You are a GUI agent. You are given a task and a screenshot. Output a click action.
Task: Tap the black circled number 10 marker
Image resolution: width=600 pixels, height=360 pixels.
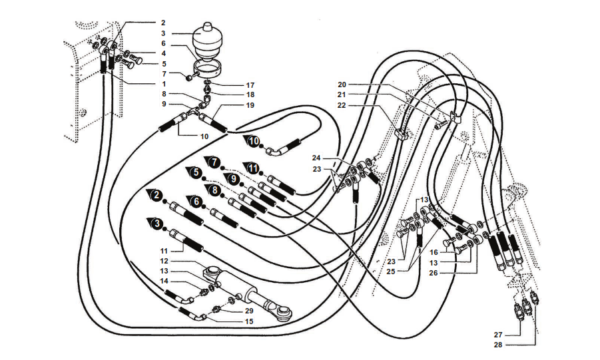254,142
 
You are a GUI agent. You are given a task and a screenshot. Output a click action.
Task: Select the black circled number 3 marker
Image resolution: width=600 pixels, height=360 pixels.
156,224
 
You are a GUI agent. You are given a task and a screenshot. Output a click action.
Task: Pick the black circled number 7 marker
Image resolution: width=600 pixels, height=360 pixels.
213,162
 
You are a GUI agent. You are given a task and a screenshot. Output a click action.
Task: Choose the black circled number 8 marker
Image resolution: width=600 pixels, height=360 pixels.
214,190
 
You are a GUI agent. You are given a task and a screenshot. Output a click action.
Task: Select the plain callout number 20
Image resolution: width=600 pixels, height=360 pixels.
342,85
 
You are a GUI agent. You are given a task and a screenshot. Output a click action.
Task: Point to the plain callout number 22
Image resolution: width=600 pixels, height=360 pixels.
342,106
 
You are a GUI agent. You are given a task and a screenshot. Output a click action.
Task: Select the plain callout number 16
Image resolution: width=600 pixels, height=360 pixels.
434,252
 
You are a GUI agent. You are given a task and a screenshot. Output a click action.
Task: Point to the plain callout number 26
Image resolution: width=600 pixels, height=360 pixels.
434,272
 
